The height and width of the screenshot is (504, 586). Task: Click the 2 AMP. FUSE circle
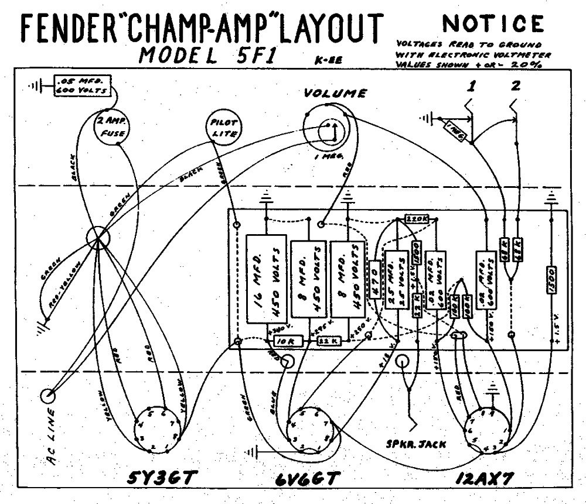pos(111,128)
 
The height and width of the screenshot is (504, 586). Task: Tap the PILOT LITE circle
pos(221,128)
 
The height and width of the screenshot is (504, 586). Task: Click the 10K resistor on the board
pos(285,341)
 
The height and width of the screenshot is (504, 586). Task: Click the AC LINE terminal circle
pos(48,396)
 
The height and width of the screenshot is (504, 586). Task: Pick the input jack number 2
pos(515,87)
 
